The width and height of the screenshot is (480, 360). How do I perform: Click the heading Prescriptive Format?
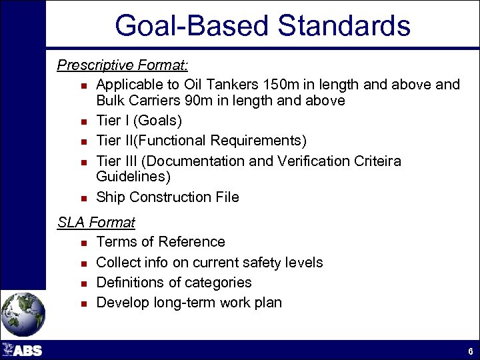[123, 65]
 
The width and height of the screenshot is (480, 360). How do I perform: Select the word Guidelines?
[133, 177]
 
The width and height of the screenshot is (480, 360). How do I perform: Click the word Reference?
[193, 242]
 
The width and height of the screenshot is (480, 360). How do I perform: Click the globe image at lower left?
[23, 313]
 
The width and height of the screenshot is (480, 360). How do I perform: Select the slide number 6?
[470, 351]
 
